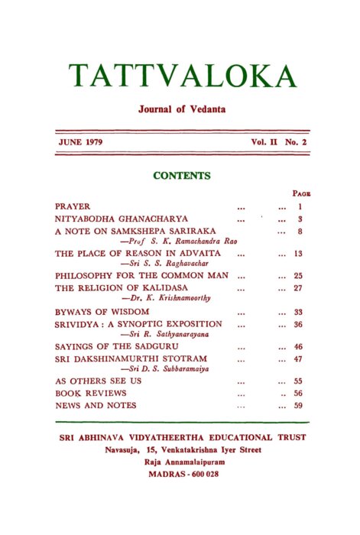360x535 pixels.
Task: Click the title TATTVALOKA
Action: click(x=182, y=75)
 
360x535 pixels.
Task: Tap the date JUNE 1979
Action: click(x=80, y=143)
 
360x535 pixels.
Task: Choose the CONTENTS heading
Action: click(x=182, y=176)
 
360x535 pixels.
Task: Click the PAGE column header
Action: click(x=300, y=194)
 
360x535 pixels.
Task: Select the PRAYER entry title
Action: click(x=73, y=206)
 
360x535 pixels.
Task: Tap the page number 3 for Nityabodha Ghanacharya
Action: click(x=301, y=219)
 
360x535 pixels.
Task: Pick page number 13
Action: click(x=299, y=252)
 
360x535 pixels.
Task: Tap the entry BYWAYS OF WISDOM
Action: click(x=102, y=312)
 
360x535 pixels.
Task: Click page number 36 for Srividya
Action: click(x=299, y=324)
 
